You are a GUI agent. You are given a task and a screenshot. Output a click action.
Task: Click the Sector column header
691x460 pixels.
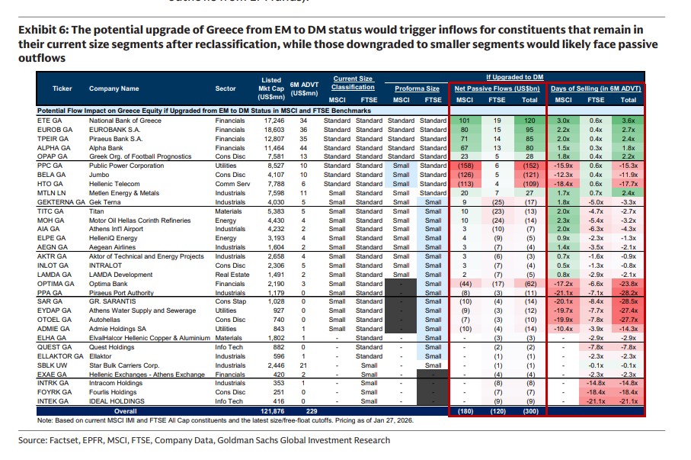click(x=226, y=88)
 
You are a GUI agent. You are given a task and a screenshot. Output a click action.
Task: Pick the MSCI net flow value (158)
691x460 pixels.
click(x=466, y=166)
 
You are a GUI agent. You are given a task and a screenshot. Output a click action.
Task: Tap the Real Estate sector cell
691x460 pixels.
click(x=231, y=273)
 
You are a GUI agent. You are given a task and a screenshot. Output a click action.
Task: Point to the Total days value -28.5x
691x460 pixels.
click(x=628, y=300)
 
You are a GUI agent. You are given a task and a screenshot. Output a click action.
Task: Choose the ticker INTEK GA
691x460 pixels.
click(x=50, y=401)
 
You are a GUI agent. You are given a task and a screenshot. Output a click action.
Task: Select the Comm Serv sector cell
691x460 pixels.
click(x=231, y=184)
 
